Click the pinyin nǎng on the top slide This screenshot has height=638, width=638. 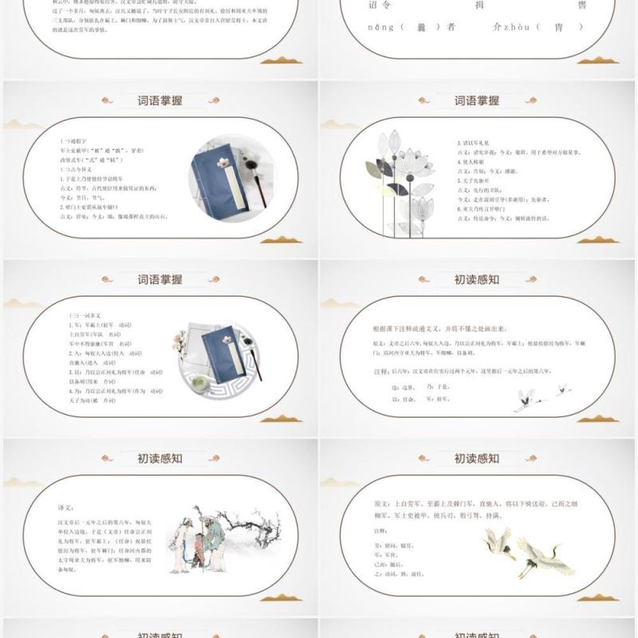pyautogui.click(x=379, y=28)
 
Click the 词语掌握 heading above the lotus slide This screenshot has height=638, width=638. pyautogui.click(x=477, y=100)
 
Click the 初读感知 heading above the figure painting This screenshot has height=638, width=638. pyautogui.click(x=160, y=459)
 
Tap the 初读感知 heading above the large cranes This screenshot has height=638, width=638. pyautogui.click(x=477, y=459)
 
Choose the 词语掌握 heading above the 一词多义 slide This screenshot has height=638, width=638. pyautogui.click(x=160, y=279)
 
